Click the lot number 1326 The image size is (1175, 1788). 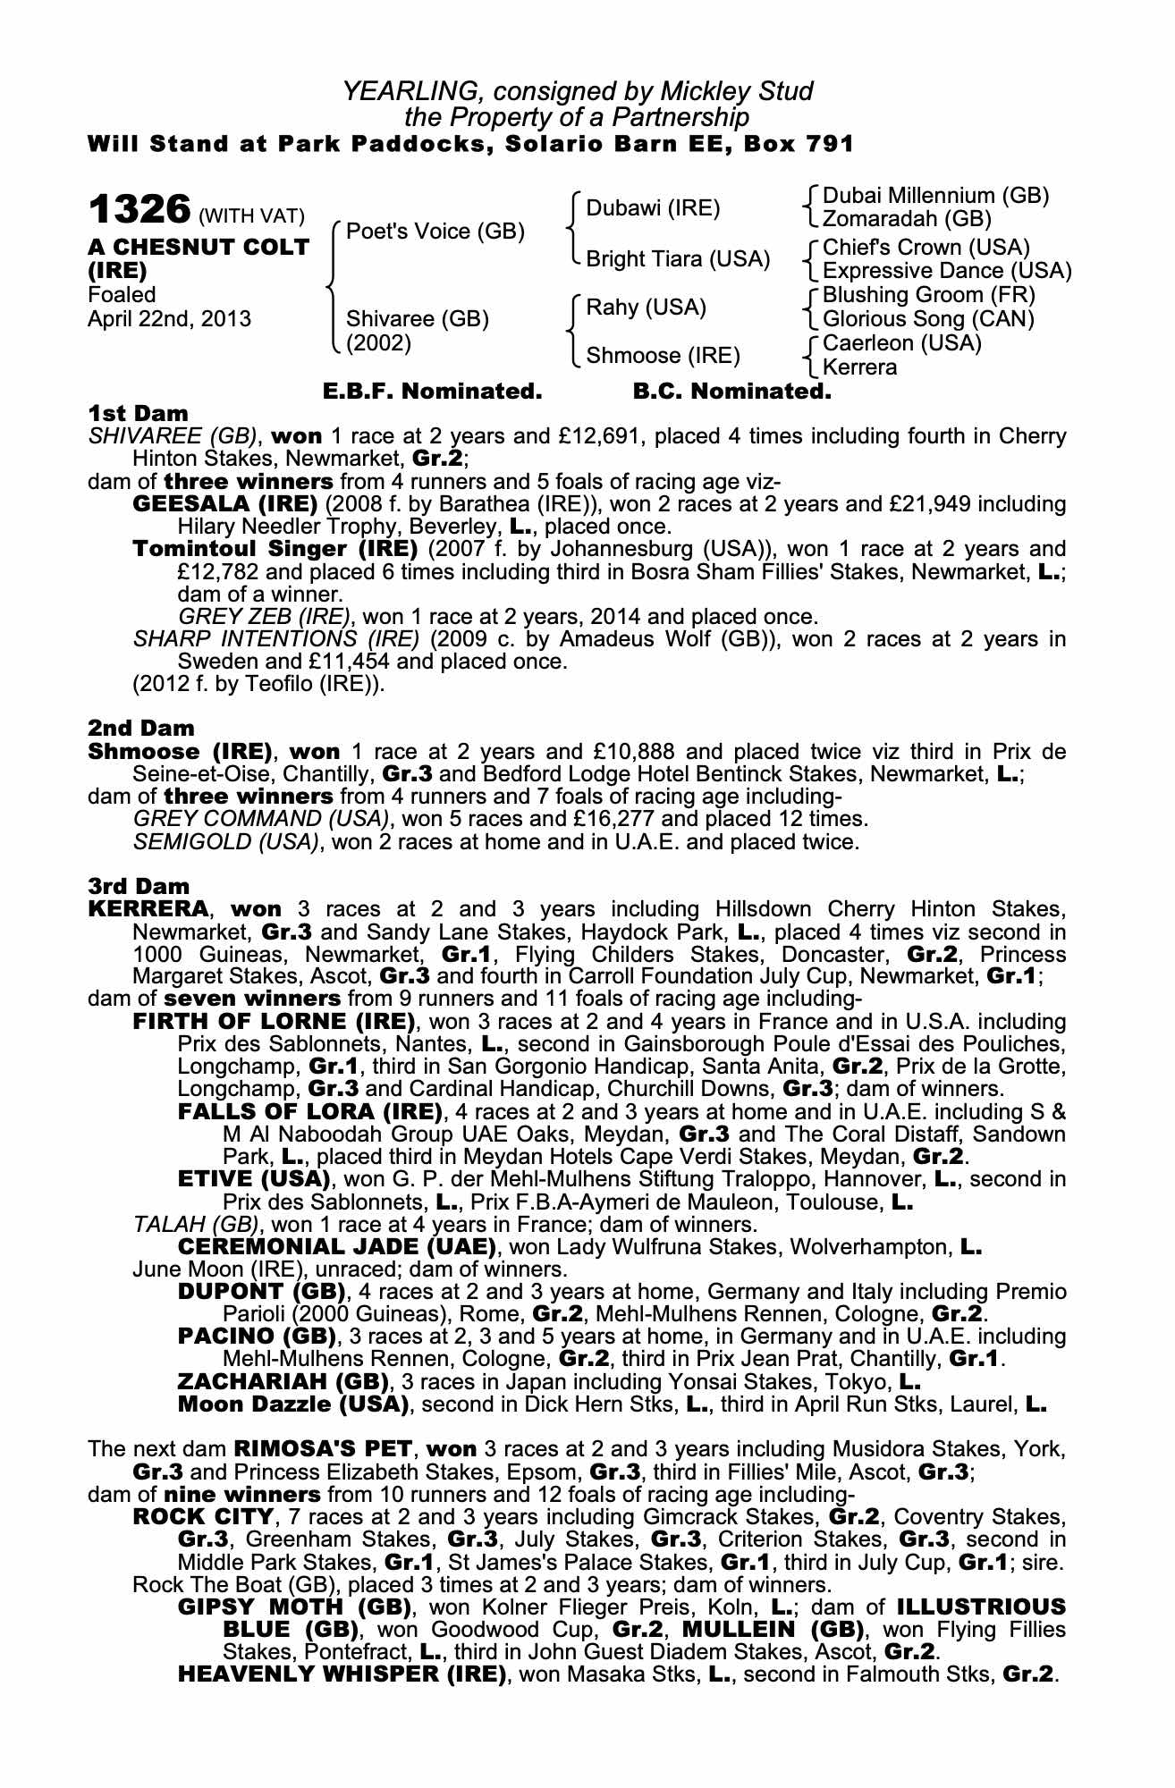coord(139,210)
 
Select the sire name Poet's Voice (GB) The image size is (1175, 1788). coord(435,232)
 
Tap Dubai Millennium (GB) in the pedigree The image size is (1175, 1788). coord(934,196)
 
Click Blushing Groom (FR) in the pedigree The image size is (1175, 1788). coord(928,295)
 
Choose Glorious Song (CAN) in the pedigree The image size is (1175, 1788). coord(928,319)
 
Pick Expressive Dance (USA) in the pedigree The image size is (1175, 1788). coord(946,271)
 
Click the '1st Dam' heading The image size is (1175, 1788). coord(139,413)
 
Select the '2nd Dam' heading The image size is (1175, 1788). coord(141,728)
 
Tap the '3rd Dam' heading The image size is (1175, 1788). coord(139,886)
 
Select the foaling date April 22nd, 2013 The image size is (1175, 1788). coord(170,319)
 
